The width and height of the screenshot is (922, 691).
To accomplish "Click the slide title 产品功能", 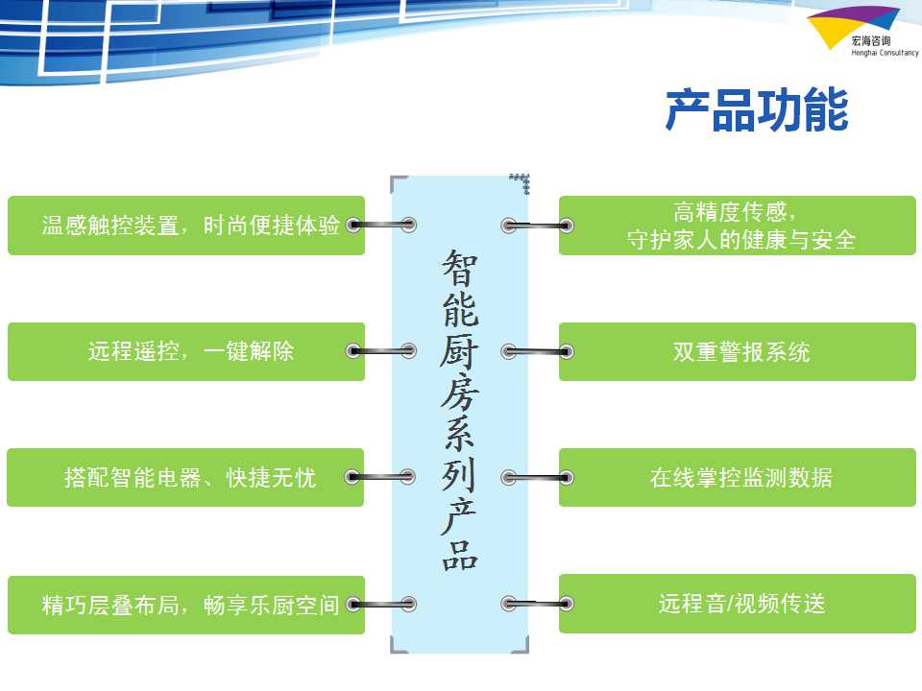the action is [x=757, y=109].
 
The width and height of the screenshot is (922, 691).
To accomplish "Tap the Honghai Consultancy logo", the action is [x=862, y=32].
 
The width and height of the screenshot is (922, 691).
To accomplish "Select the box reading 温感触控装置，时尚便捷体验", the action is [x=186, y=226].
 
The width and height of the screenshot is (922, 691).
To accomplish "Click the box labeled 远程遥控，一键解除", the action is [x=186, y=351].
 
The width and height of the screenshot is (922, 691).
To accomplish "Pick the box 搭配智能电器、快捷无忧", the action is [x=185, y=477].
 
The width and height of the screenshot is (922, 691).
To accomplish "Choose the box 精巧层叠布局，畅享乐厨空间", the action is [x=186, y=605].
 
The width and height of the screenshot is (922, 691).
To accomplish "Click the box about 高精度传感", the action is [x=738, y=226].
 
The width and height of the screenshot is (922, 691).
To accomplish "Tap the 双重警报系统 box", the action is [x=738, y=351].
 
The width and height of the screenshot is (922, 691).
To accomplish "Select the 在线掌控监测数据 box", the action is [x=738, y=477].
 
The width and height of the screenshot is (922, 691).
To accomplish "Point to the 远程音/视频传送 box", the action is [x=738, y=604].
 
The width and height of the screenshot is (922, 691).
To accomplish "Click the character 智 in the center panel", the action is [x=460, y=267].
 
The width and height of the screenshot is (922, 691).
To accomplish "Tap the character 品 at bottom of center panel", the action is [x=460, y=555].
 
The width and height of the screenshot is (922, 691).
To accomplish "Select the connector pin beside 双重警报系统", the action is [x=538, y=352].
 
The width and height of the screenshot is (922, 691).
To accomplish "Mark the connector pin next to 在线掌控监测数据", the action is [x=538, y=478].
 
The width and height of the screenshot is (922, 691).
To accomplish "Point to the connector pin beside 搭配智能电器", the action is [x=381, y=477].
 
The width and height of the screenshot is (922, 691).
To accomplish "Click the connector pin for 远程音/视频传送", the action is [x=538, y=604].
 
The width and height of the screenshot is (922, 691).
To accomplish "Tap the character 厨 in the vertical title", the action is [x=460, y=351].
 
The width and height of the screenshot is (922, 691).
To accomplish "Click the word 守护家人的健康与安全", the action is [x=740, y=240].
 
